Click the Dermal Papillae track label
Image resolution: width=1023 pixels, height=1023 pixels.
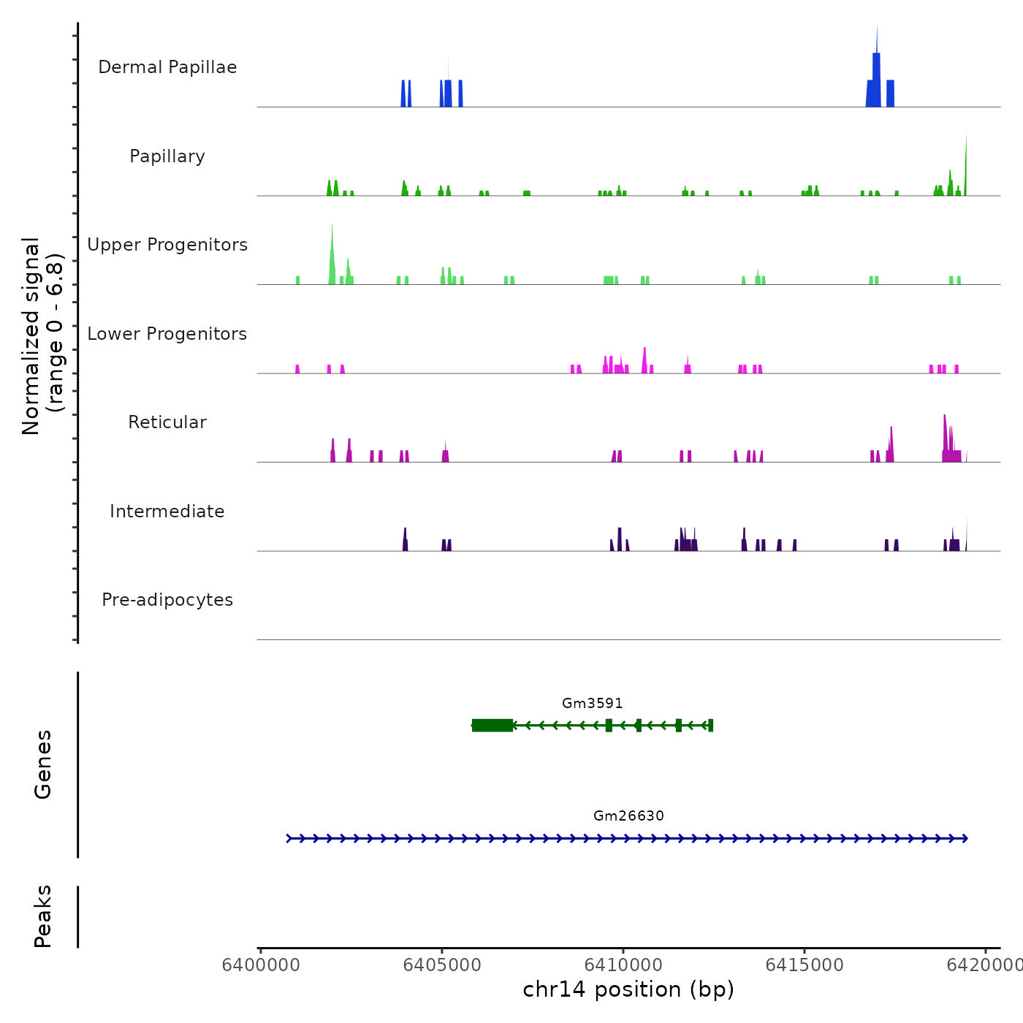pyautogui.click(x=167, y=67)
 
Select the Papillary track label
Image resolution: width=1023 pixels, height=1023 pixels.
pyautogui.click(x=167, y=156)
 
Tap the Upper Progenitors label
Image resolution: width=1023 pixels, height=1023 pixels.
pyautogui.click(x=167, y=245)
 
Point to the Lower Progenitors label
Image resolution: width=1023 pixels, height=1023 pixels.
pyautogui.click(x=167, y=334)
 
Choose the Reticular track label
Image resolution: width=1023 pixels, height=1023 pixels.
pyautogui.click(x=167, y=422)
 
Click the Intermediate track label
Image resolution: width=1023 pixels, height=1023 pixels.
pyautogui.click(x=167, y=512)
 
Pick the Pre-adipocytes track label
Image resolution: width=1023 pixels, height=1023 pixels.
pyautogui.click(x=167, y=600)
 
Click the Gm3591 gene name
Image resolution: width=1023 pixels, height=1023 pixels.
pyautogui.click(x=592, y=703)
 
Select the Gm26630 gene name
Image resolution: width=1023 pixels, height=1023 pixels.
pyautogui.click(x=628, y=815)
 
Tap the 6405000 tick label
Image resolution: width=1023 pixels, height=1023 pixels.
pyautogui.click(x=442, y=965)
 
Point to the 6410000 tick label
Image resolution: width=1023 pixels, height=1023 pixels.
pyautogui.click(x=623, y=965)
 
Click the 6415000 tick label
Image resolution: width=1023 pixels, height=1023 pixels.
pyautogui.click(x=805, y=965)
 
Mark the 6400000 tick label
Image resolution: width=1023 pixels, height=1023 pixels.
pyautogui.click(x=261, y=965)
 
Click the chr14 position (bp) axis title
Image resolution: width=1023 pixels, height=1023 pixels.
pyautogui.click(x=628, y=989)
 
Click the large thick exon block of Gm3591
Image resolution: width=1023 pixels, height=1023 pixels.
pyautogui.click(x=492, y=725)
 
